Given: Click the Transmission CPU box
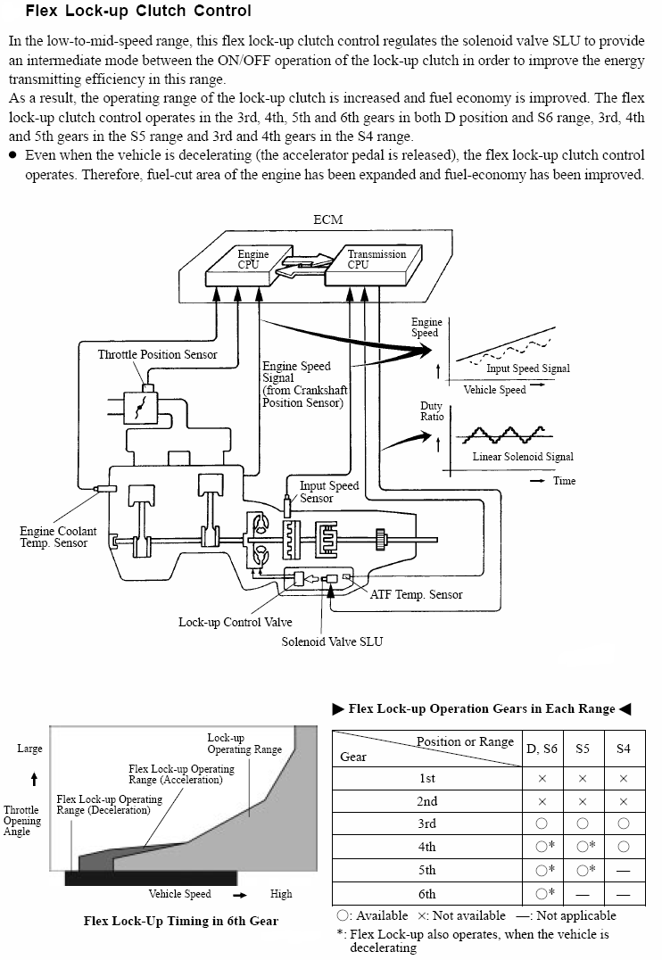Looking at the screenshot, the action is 374,266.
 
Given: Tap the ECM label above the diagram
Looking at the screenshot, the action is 328,219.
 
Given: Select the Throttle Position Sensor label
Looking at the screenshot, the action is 157,354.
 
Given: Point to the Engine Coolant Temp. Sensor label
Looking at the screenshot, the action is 58,537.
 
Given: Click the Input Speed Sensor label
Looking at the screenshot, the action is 329,492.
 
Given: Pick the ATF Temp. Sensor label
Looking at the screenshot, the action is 417,594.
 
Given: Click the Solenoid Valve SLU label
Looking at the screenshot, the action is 332,641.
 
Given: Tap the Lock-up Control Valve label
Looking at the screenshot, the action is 236,622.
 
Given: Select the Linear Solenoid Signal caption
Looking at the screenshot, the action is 523,457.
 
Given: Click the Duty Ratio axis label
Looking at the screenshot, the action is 432,410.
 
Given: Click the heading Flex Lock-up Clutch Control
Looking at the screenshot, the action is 138,11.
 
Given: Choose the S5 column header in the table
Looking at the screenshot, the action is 583,749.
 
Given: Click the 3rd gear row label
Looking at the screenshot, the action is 426,824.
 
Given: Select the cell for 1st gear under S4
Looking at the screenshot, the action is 624,779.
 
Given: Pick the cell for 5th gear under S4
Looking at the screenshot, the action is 624,871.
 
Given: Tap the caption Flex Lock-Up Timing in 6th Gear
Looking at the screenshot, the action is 180,921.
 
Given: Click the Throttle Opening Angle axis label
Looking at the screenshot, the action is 22,821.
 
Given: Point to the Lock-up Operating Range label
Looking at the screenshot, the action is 244,744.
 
